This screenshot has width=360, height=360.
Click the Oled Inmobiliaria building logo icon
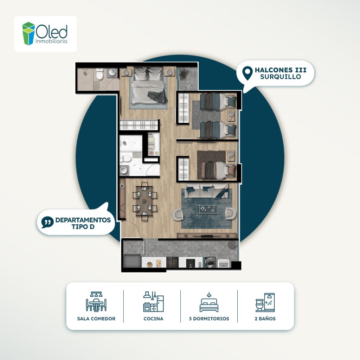click(29, 33)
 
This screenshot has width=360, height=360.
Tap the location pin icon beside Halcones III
click(247, 73)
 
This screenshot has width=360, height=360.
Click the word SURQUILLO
click(281, 77)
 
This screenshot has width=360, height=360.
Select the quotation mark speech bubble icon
click(47, 222)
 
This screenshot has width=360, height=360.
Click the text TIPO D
click(83, 227)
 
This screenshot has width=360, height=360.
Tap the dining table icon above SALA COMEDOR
click(96, 301)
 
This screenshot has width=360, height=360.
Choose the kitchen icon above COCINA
click(153, 301)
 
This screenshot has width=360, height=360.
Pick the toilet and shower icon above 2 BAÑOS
click(265, 302)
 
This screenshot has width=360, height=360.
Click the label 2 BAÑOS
click(265, 319)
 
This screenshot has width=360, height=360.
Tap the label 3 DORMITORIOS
click(209, 319)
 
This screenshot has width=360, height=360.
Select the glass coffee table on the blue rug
click(207, 209)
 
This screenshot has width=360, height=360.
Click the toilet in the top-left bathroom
click(99, 74)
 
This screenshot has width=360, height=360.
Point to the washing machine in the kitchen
click(210, 262)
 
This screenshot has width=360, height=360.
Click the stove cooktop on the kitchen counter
click(172, 262)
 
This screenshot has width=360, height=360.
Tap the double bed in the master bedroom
click(148, 85)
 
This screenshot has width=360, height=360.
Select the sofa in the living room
click(206, 191)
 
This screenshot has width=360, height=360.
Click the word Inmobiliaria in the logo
click(51, 41)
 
